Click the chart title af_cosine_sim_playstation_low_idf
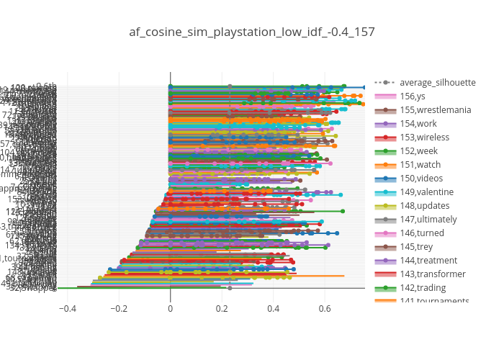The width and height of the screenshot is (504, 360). click(x=252, y=32)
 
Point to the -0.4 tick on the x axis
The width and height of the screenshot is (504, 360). click(x=67, y=309)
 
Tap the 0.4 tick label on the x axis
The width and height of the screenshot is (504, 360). click(x=273, y=309)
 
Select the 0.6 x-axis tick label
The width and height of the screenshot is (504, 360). click(x=325, y=309)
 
